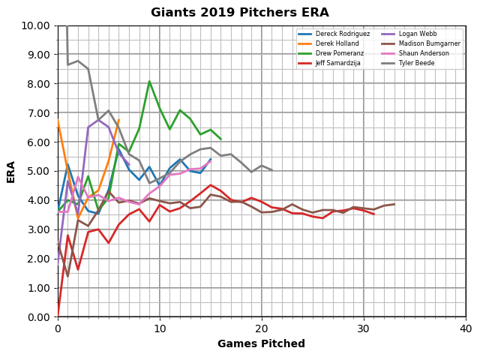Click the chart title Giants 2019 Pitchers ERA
(240, 13)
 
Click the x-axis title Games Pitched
(261, 344)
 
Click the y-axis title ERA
(11, 171)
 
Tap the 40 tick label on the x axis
(466, 328)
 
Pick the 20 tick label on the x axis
(262, 328)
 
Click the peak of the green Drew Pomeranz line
(149, 81)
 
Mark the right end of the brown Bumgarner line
(394, 204)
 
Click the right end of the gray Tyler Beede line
(271, 170)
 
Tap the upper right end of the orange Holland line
(118, 120)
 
